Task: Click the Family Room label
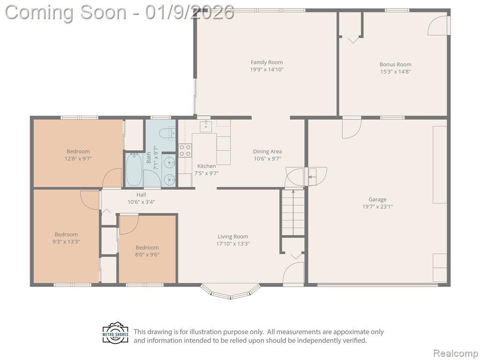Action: pos(267,62)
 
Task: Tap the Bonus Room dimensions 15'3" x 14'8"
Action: pos(395,72)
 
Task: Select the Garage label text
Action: pos(377,200)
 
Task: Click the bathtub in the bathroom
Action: pos(134,169)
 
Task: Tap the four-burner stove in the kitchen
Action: pos(185,150)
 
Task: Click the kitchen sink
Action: pos(206,126)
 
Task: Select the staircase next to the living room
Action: pos(293,212)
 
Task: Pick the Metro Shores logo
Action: pos(115,332)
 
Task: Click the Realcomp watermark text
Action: pos(456,353)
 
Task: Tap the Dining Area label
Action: pos(267,151)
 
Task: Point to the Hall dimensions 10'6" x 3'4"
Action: pos(141,202)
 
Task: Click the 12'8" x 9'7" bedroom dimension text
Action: pos(78,158)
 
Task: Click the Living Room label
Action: pos(233,237)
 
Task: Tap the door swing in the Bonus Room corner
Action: pos(438,25)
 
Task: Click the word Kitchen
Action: pos(206,166)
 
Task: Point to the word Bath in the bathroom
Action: pos(149,157)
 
